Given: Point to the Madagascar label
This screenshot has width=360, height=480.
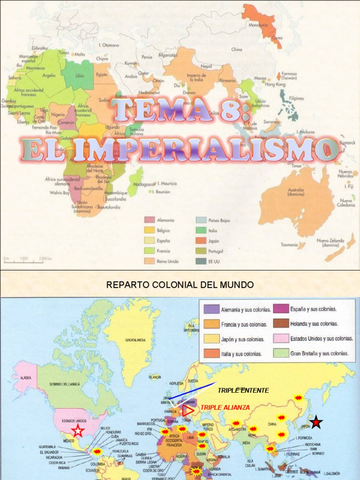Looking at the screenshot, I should click(x=144, y=184).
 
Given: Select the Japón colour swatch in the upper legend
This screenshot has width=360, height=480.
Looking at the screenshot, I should click(x=201, y=240).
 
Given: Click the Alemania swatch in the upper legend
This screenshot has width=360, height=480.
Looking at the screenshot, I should click(x=150, y=220).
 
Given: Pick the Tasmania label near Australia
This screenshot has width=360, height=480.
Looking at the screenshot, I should click(x=289, y=245).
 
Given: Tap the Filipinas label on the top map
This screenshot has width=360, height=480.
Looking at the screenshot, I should click(x=296, y=98).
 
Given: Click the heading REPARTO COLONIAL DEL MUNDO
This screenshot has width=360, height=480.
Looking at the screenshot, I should click(x=180, y=285).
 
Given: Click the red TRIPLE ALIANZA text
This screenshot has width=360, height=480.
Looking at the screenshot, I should click(x=225, y=407).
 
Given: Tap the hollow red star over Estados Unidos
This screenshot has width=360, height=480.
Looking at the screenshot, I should click(x=78, y=430).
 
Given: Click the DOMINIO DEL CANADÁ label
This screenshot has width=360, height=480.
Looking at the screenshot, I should click(x=65, y=384).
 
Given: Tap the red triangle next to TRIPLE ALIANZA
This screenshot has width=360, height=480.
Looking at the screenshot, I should click(x=188, y=411).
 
